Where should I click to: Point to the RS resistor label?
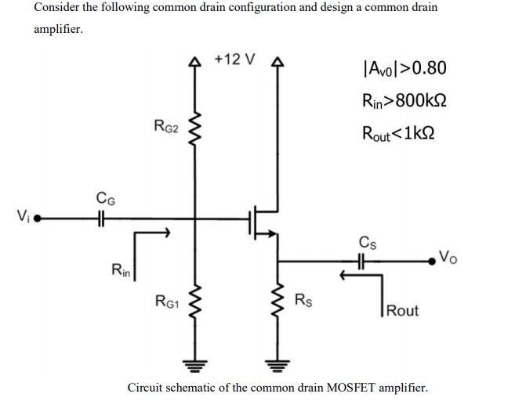coord(304,299)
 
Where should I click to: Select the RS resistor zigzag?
coord(275,301)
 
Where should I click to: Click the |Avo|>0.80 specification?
coord(404,68)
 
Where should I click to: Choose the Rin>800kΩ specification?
coord(404,100)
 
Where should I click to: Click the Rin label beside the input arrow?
coord(121,271)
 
